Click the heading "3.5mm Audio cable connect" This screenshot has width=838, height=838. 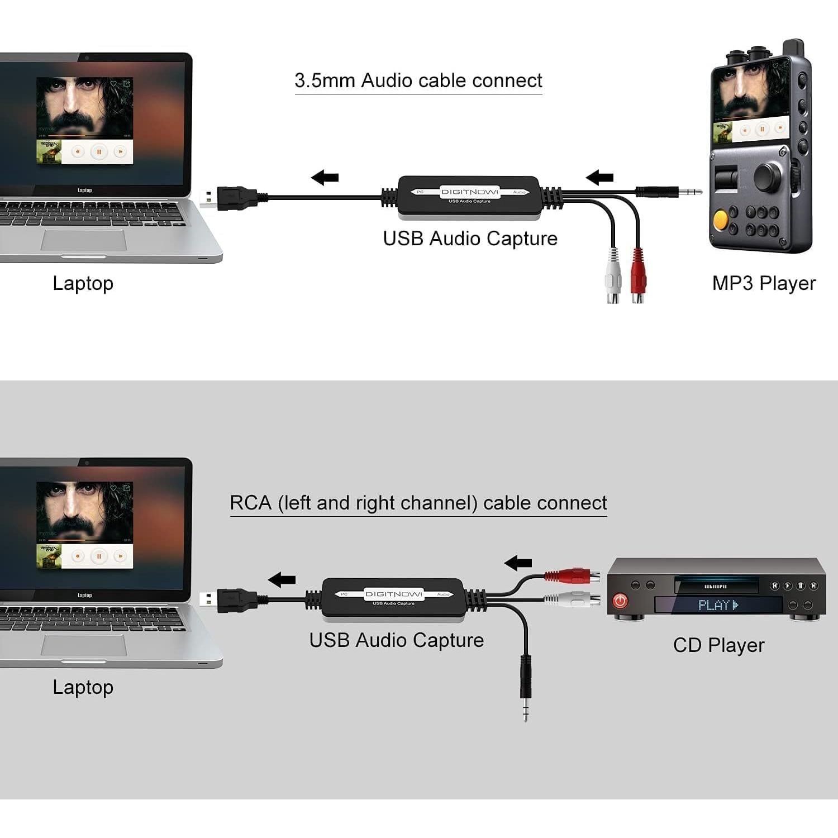[x=418, y=80]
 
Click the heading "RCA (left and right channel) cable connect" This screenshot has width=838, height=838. [x=418, y=503]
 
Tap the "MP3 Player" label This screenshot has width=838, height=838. [x=763, y=283]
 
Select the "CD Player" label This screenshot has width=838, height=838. [x=718, y=645]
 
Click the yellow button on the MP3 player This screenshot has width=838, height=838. [x=721, y=219]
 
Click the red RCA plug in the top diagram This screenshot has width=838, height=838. [x=638, y=274]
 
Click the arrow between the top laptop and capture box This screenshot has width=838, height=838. [x=325, y=178]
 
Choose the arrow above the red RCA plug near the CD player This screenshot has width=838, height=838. [x=518, y=563]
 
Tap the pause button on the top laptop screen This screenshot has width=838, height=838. [x=99, y=151]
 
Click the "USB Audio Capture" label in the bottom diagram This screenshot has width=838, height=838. [x=396, y=640]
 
